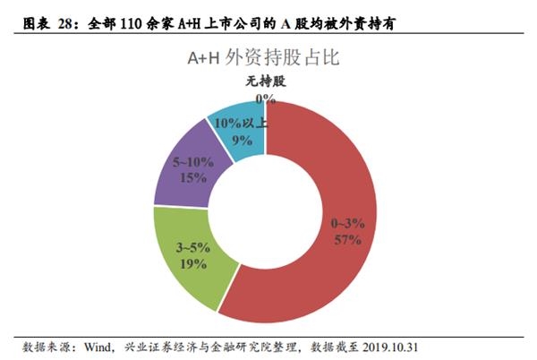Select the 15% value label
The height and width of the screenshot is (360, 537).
[189, 178]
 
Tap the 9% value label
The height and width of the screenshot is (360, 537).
[241, 140]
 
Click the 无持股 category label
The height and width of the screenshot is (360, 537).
[265, 82]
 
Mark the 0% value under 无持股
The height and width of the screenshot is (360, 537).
[265, 99]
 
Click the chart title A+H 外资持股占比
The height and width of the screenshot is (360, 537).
[269, 58]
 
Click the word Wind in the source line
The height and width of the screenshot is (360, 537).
[102, 346]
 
